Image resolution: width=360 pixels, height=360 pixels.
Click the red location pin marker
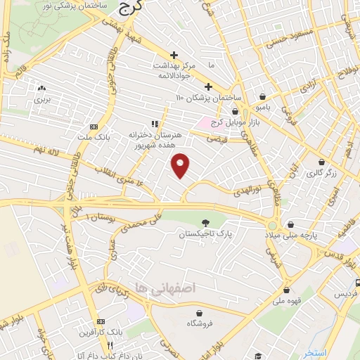[181, 165]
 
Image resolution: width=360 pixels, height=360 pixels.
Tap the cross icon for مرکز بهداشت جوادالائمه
[174, 55]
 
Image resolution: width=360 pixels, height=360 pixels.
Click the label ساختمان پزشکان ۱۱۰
[209, 96]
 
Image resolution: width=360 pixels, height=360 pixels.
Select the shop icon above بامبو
[262, 97]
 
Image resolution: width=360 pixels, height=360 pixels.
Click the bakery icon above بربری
[42, 89]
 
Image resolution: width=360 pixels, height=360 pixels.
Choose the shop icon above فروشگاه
[200, 312]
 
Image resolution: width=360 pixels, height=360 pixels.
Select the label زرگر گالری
[324, 172]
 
